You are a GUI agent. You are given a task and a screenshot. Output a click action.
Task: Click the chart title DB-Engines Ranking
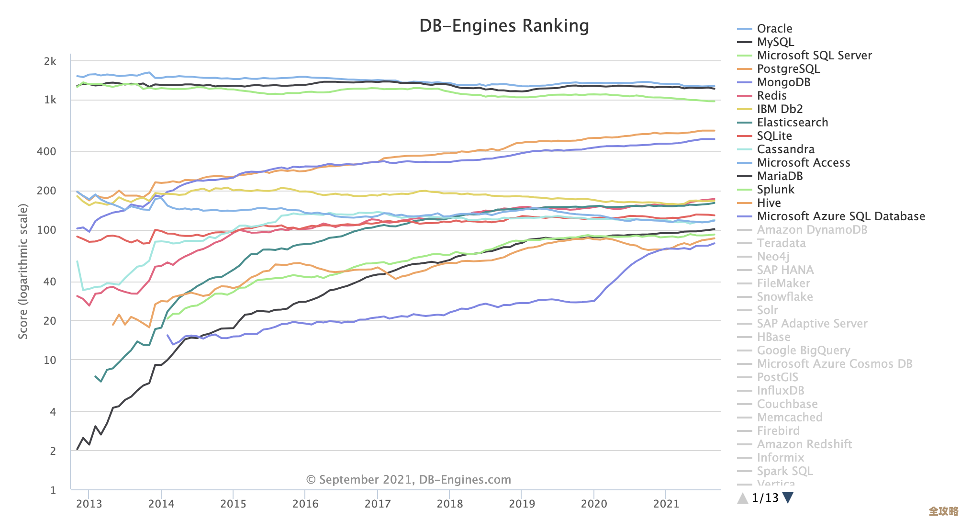504,26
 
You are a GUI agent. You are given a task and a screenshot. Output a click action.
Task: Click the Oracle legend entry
774,29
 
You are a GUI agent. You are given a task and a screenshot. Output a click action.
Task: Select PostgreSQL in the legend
788,69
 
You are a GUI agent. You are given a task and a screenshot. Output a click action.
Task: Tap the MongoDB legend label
783,82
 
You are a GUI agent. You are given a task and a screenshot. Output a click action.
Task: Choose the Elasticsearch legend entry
792,123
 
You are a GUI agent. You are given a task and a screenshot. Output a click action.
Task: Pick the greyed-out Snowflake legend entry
784,297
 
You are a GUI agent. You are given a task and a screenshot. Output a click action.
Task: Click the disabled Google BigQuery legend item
803,350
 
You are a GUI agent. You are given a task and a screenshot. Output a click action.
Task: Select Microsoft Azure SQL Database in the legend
840,216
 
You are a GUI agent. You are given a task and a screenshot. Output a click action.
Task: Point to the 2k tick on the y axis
50,62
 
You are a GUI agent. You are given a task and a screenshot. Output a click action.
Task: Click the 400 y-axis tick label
46,152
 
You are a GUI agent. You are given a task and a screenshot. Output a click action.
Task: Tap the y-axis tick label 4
53,412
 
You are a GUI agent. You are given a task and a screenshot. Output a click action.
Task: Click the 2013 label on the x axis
89,504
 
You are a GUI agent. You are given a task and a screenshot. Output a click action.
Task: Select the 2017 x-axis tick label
378,504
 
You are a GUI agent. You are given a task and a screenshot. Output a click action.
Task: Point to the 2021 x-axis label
666,504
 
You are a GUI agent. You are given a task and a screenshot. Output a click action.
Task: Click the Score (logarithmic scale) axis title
23,271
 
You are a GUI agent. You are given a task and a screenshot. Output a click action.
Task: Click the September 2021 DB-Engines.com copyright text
408,480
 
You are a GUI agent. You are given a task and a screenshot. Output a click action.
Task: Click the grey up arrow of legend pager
742,498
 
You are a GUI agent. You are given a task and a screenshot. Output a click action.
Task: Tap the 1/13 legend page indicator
765,498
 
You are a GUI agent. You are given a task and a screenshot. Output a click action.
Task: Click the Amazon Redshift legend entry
804,444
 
